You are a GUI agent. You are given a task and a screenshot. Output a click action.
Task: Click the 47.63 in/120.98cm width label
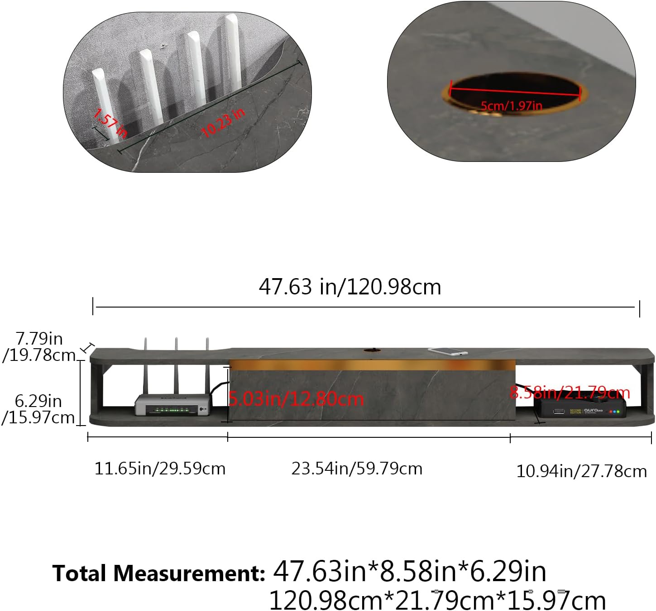[x=350, y=287]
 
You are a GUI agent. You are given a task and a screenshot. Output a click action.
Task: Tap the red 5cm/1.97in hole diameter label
[x=511, y=106]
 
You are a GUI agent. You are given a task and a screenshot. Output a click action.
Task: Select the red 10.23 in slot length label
[x=223, y=123]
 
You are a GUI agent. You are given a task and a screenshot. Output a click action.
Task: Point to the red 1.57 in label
[x=110, y=123]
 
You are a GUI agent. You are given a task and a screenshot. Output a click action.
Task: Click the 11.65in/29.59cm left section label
[x=160, y=469]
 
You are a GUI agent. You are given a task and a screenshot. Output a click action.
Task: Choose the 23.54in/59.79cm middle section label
[x=357, y=469]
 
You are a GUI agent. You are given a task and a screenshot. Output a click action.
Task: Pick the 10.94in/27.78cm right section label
[x=581, y=471]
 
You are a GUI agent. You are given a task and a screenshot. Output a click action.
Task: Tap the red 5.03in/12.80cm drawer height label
[x=296, y=399]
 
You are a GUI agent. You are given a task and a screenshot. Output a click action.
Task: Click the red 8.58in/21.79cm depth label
[x=570, y=393]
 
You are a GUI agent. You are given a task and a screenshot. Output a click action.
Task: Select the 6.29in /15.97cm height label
[x=38, y=409]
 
